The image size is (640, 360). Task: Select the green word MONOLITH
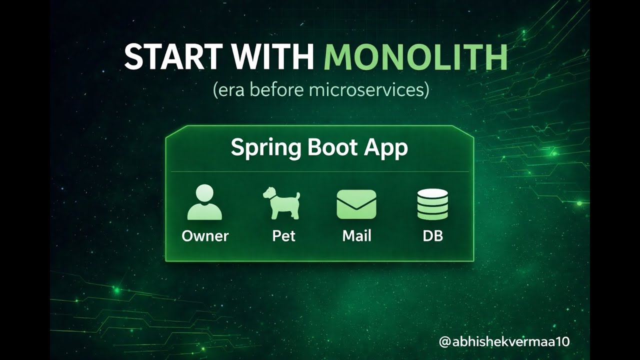click(415, 57)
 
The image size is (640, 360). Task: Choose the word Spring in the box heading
click(259, 148)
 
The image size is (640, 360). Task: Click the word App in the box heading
click(385, 148)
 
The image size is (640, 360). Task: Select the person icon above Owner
click(204, 202)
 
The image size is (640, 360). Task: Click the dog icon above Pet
click(281, 203)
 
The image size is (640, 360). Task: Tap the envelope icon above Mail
click(356, 204)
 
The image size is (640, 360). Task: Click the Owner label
click(205, 236)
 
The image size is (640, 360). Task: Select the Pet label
click(283, 236)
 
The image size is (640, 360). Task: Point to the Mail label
click(356, 236)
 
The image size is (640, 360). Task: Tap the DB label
click(432, 236)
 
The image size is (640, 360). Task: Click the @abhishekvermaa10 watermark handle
click(504, 342)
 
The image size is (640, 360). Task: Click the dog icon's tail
click(297, 195)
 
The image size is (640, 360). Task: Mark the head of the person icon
click(204, 193)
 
